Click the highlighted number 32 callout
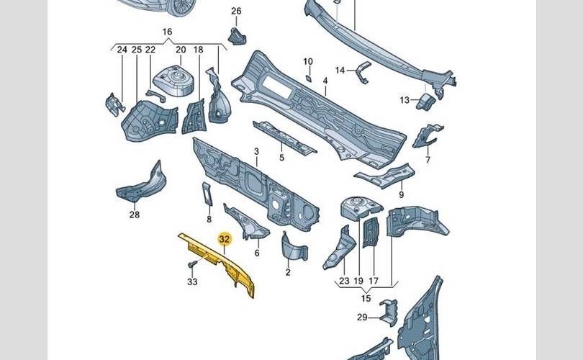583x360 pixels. tap(224, 239)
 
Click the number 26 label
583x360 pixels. tap(236, 11)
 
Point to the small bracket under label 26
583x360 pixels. tap(237, 37)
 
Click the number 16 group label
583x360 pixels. tap(167, 32)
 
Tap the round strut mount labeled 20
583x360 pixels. tap(174, 81)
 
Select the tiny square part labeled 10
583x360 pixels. tap(309, 78)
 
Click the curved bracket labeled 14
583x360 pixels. tap(363, 72)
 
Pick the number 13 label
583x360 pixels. tap(405, 100)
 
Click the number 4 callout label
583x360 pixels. tap(325, 81)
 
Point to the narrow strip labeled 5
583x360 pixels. tap(284, 138)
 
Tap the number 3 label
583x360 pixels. tap(256, 152)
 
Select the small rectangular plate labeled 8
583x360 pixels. tap(207, 194)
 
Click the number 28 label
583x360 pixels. tap(135, 215)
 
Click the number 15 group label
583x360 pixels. tap(366, 298)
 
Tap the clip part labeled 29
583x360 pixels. tap(388, 312)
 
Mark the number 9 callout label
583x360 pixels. tap(401, 194)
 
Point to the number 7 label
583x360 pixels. tap(428, 160)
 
